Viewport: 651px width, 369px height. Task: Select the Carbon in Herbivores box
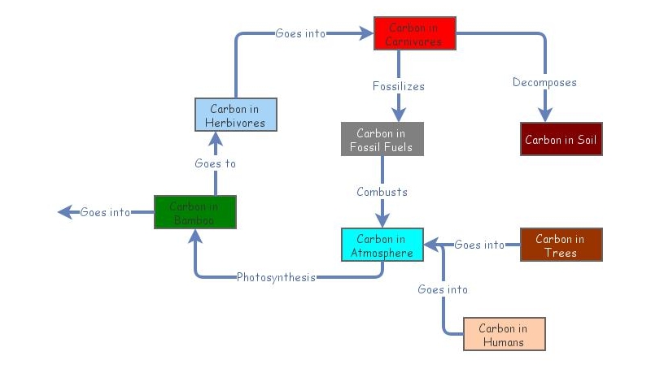coord(236,115)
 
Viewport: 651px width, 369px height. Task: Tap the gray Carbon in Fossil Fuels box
coord(382,139)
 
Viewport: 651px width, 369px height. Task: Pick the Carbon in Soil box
coord(561,139)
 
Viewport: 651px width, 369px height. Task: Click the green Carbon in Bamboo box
coord(194,212)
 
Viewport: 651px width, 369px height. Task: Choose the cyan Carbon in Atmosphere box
coord(382,245)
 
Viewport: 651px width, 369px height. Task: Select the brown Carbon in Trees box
coord(561,245)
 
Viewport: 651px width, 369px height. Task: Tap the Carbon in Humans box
coord(504,334)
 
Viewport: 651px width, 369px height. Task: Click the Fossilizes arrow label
coord(398,85)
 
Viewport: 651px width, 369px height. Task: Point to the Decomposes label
coord(544,82)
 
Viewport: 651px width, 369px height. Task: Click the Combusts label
coord(382,192)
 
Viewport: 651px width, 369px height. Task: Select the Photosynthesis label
coord(276,277)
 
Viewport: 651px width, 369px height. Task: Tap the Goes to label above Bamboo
coord(215,163)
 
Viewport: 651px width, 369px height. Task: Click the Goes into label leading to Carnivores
coord(300,33)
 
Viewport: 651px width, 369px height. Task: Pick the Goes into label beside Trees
coord(479,245)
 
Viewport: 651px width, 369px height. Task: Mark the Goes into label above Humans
coord(443,289)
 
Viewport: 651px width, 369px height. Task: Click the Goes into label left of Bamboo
coord(105,212)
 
